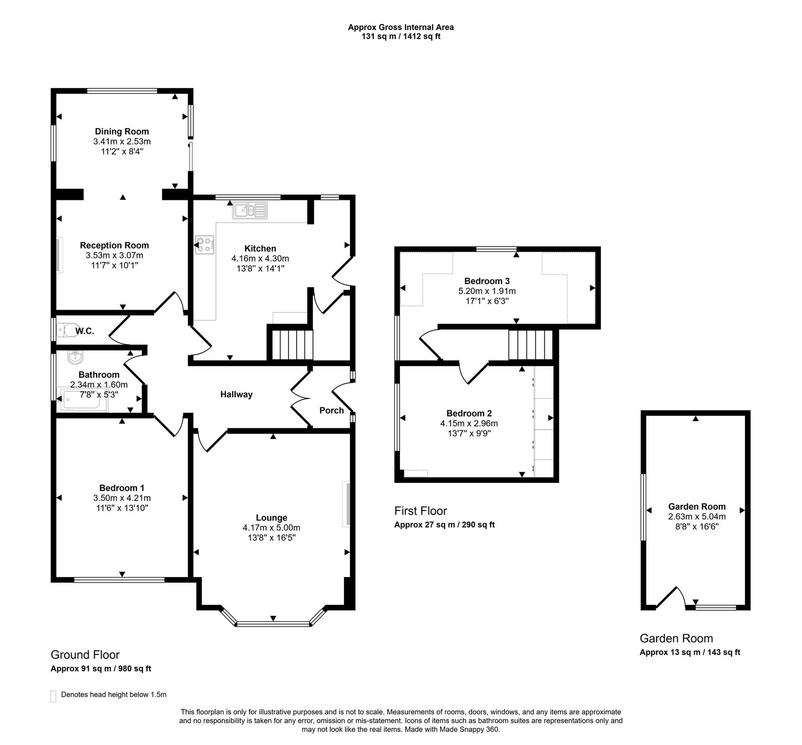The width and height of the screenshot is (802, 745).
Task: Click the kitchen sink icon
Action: click(x=250, y=210)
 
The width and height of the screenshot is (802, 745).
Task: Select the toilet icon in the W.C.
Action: click(x=64, y=330)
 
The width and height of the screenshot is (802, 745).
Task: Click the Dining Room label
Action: click(x=122, y=132)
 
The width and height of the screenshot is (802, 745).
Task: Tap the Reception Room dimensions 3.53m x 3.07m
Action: click(x=114, y=256)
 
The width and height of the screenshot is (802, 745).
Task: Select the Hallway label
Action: click(x=237, y=395)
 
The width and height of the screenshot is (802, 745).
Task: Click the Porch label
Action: click(x=331, y=411)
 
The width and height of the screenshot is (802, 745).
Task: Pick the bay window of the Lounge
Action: click(x=273, y=624)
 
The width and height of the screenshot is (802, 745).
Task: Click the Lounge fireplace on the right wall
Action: click(x=346, y=504)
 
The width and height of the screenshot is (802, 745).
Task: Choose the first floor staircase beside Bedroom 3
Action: click(x=530, y=344)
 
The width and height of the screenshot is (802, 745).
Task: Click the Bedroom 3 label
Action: click(x=480, y=281)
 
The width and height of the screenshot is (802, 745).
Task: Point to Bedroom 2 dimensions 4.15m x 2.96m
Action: click(x=469, y=423)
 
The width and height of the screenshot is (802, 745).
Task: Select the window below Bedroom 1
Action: click(x=119, y=580)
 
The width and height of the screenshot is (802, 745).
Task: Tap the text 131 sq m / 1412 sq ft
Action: click(x=400, y=37)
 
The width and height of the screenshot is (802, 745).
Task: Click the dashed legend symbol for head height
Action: click(x=53, y=696)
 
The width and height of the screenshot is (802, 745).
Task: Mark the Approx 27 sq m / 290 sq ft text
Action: click(x=444, y=525)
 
